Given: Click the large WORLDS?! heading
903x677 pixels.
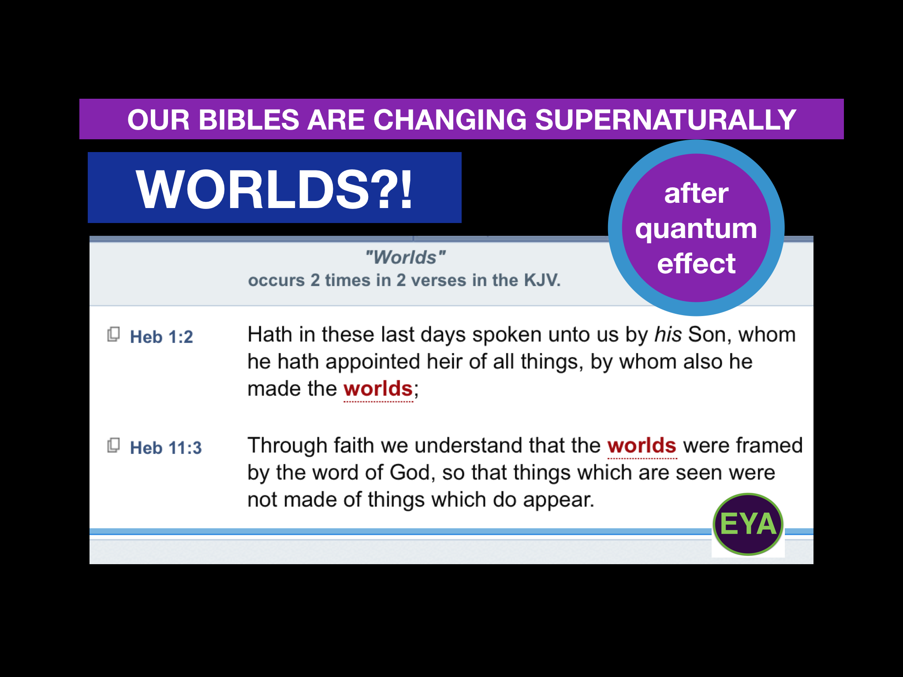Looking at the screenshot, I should click(274, 189).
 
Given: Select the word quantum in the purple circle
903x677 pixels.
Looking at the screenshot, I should click(696, 229).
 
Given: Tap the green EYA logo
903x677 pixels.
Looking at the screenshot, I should click(748, 524).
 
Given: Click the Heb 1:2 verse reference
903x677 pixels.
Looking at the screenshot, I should click(161, 337).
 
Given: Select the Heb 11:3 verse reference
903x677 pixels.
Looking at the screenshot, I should click(166, 448).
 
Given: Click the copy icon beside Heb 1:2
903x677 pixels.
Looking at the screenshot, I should click(114, 335).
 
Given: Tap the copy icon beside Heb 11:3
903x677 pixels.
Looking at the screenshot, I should click(114, 446).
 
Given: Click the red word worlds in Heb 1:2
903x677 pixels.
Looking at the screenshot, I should click(378, 389).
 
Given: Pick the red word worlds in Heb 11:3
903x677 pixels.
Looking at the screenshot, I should click(642, 446).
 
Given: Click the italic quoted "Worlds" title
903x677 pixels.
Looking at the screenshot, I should click(405, 257).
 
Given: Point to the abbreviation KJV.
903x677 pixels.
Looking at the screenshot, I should click(541, 280).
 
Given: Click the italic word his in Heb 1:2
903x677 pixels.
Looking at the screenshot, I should click(668, 335).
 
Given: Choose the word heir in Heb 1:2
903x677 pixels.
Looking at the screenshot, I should click(444, 362).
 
